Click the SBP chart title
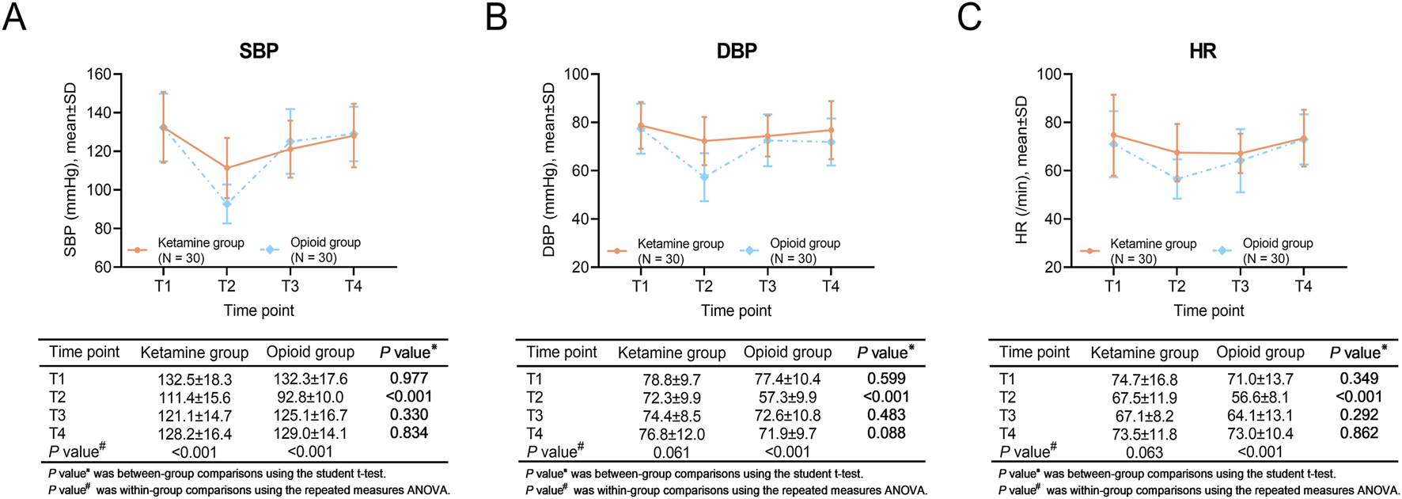coord(259,51)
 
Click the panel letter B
coord(495,17)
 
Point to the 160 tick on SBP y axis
coord(100,74)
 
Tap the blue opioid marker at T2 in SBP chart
coord(227,204)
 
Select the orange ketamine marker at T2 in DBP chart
coord(703,141)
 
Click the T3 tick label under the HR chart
coord(1239,286)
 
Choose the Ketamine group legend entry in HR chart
coord(1153,244)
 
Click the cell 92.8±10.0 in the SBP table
coord(310,398)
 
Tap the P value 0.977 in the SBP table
coord(408,379)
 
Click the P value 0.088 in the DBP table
coord(886,433)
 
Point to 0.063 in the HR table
coord(1144,452)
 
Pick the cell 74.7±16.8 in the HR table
coord(1144,379)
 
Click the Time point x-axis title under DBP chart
coord(736,311)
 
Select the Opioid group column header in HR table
coord(1260,352)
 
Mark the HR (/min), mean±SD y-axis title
coord(1021,170)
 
